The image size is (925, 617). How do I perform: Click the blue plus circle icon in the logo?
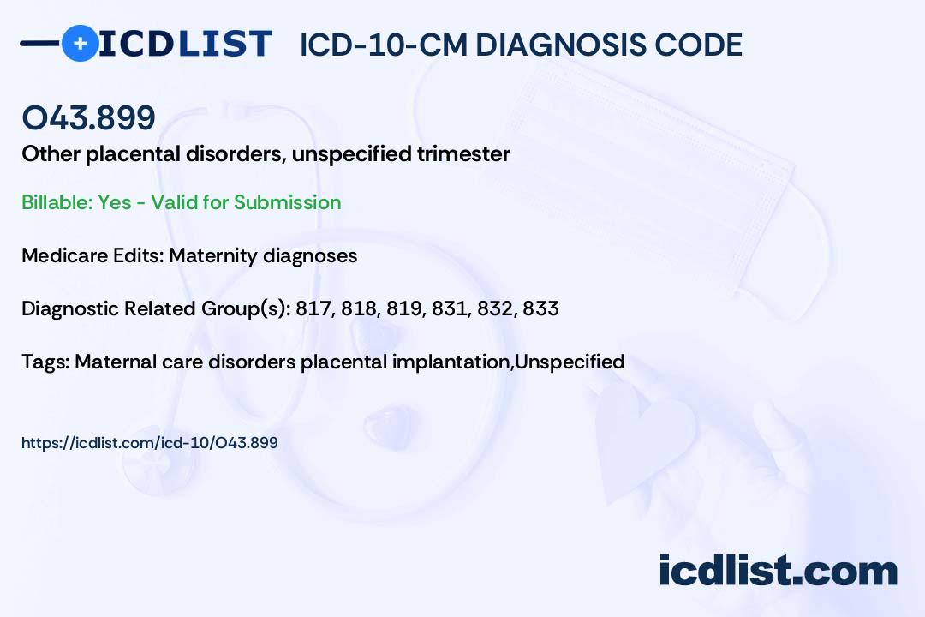tap(81, 43)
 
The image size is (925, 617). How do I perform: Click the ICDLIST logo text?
tap(185, 44)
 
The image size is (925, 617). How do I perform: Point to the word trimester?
tap(463, 153)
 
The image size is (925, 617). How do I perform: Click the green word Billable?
tap(55, 202)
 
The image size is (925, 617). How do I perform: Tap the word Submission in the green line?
tap(287, 202)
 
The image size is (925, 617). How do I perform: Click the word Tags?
tap(46, 362)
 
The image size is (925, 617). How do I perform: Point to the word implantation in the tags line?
tap(452, 362)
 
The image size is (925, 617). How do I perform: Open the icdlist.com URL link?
tap(150, 443)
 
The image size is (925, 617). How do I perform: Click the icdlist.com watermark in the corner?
tap(778, 570)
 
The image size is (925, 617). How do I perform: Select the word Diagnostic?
tap(70, 308)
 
